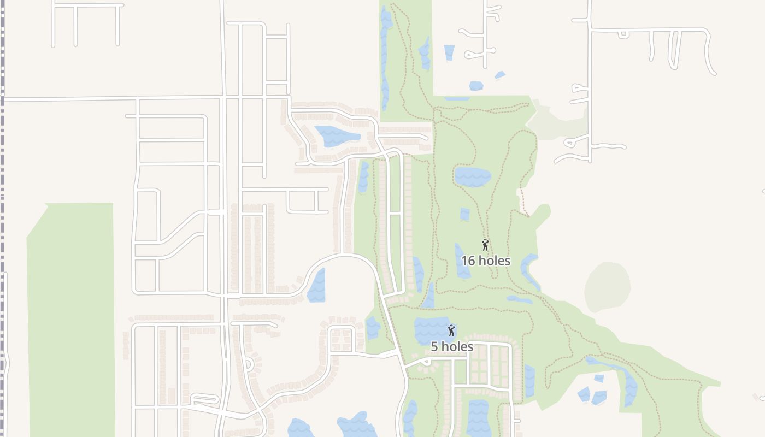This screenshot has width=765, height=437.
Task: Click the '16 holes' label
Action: tap(486, 261)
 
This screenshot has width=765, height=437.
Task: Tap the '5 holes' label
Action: tap(452, 346)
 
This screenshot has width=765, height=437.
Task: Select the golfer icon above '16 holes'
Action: tap(485, 245)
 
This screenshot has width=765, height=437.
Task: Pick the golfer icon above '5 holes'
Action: tap(451, 330)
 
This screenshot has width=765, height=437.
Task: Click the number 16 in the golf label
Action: tap(468, 261)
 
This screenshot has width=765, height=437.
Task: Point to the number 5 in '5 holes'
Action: tap(434, 346)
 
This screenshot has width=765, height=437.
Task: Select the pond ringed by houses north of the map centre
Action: tap(336, 136)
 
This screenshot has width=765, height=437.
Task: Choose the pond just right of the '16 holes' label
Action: tap(529, 268)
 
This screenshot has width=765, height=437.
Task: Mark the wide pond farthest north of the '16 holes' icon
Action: tap(472, 176)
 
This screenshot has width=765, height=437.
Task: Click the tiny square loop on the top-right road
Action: tap(622, 34)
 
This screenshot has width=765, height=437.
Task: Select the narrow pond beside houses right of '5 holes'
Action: tap(529, 381)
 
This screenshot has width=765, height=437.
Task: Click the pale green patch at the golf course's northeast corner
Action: tap(557, 117)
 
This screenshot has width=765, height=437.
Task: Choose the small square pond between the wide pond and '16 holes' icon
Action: tap(465, 214)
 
